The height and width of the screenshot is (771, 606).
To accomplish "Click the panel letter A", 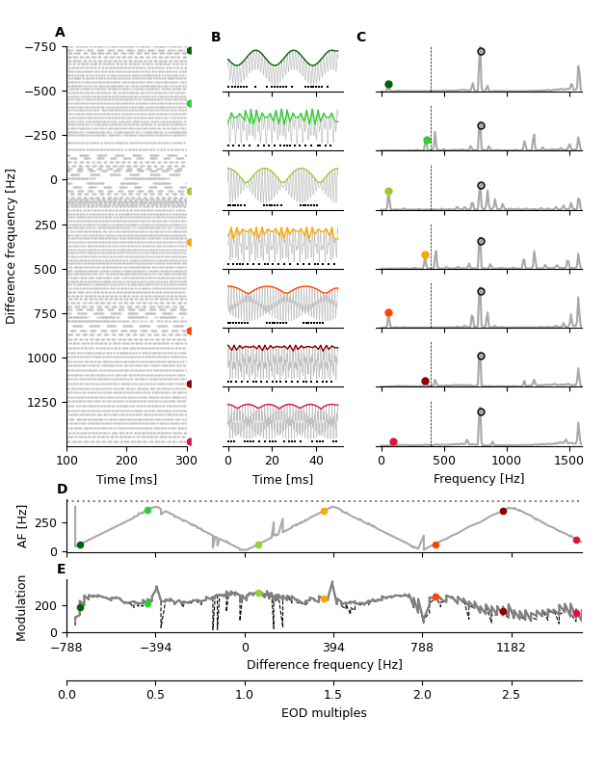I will pyautogui.click(x=60, y=33).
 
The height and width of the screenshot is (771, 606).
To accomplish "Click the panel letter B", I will pyautogui.click(x=216, y=38).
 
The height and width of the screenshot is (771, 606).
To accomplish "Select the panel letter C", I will pyautogui.click(x=361, y=38).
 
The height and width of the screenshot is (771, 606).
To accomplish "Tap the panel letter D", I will pyautogui.click(x=62, y=490).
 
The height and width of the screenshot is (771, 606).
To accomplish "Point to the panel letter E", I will pyautogui.click(x=62, y=570).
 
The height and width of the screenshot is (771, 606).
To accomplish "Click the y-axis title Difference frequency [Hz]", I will pyautogui.click(x=12, y=246).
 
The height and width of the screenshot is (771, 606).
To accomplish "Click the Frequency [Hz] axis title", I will pyautogui.click(x=479, y=479).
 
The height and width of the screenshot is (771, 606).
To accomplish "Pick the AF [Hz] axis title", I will pyautogui.click(x=23, y=525).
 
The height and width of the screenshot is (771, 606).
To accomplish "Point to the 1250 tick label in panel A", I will pyautogui.click(x=43, y=402).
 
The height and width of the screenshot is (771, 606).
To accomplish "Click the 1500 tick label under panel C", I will pyautogui.click(x=568, y=460).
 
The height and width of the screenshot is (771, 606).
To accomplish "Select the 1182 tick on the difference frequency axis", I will pyautogui.click(x=511, y=648).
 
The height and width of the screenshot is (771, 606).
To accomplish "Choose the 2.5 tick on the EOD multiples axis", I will pyautogui.click(x=511, y=694).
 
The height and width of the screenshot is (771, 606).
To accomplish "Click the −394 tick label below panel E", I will pyautogui.click(x=155, y=648).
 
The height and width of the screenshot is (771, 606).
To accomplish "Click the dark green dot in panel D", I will pyautogui.click(x=80, y=545).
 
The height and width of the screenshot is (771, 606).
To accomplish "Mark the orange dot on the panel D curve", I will pyautogui.click(x=324, y=511).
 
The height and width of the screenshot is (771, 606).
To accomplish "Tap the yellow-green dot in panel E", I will pyautogui.click(x=258, y=594).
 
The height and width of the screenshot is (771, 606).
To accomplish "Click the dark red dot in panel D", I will pyautogui.click(x=503, y=511).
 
